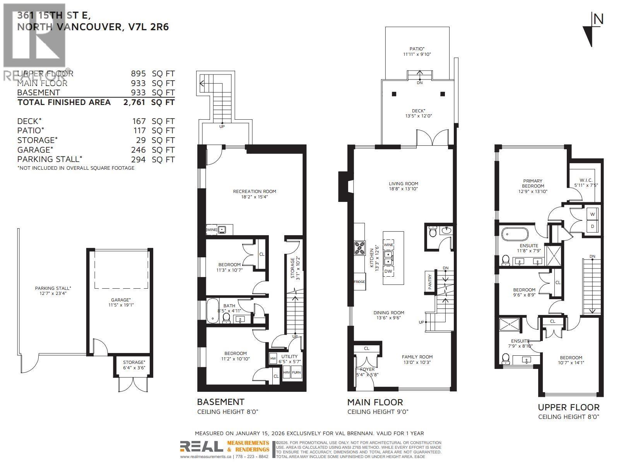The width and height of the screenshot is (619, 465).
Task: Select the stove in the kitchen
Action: coord(359,248)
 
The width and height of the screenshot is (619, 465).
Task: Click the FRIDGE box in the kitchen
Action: coord(359,282)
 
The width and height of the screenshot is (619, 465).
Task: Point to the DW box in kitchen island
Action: coord(388,271)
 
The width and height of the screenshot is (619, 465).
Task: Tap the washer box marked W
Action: coord(592,214)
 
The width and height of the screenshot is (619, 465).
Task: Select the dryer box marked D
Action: coord(592,226)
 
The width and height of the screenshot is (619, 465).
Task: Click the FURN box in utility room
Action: coord(296,372)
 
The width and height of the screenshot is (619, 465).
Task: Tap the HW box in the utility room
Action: coord(273,358)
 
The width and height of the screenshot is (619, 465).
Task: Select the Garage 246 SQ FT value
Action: coord(139,150)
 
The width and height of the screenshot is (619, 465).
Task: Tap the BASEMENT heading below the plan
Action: coord(221,402)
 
